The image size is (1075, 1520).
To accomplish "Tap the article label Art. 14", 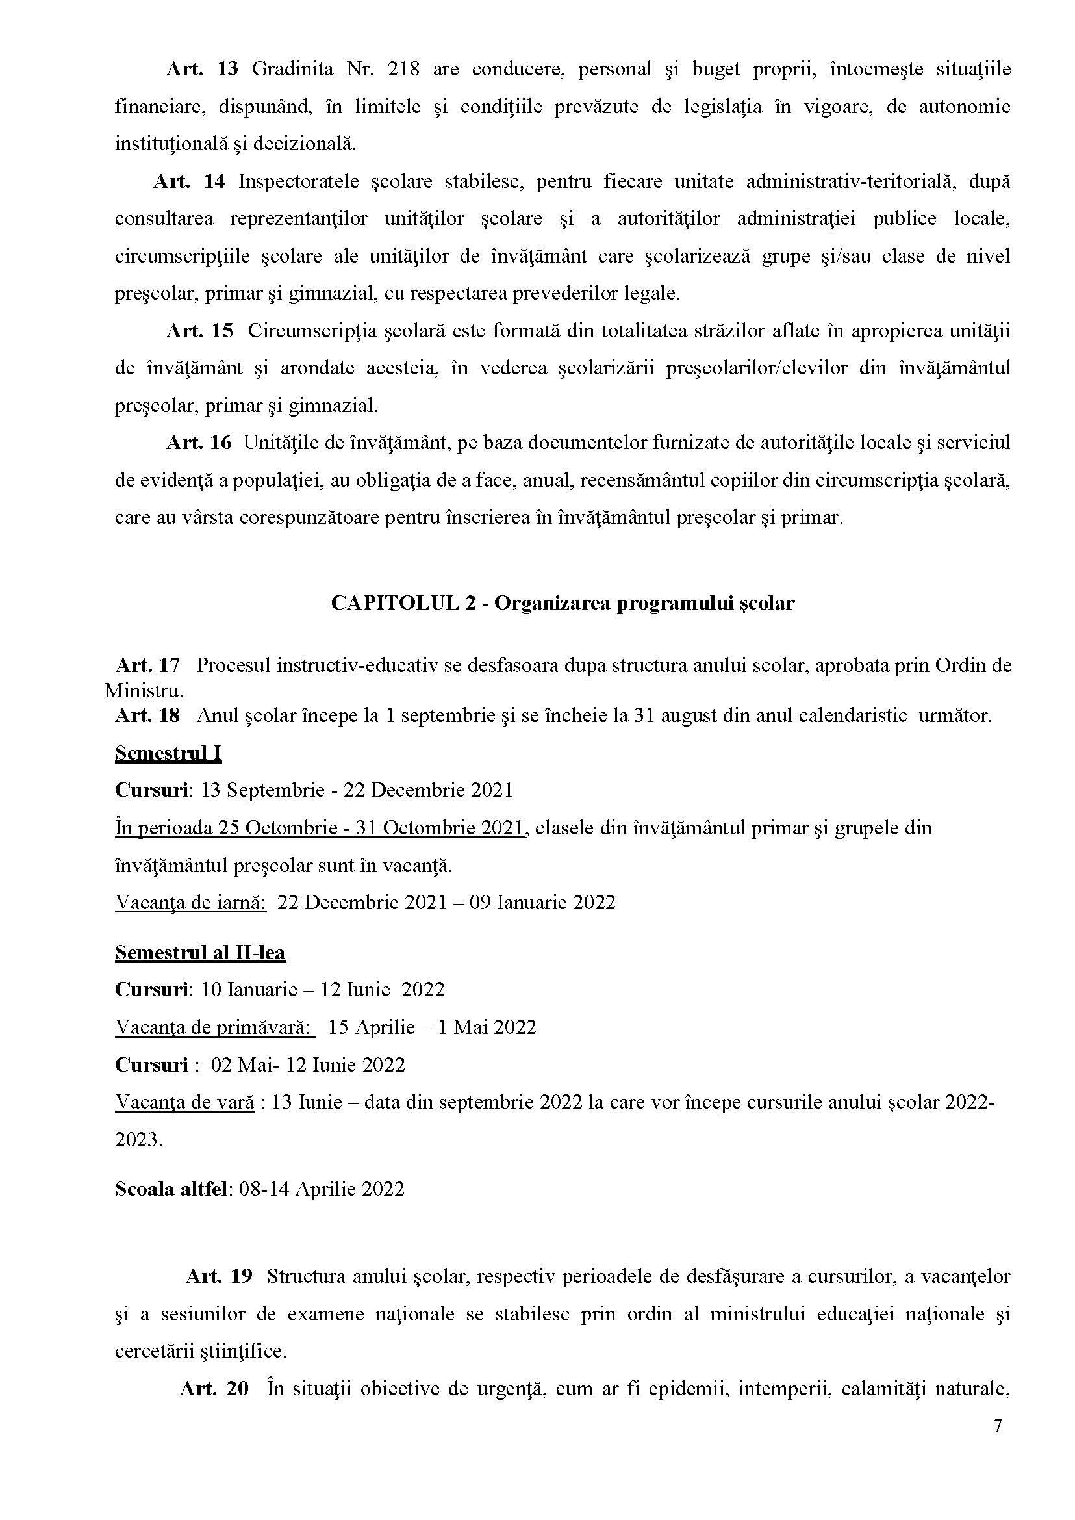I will pyautogui.click(x=189, y=181).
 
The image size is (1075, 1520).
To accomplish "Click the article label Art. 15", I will pyautogui.click(x=199, y=331).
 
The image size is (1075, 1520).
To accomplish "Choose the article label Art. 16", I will pyautogui.click(x=199, y=443).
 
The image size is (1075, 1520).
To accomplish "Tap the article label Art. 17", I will pyautogui.click(x=147, y=665).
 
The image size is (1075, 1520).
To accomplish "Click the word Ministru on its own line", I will pyautogui.click(x=144, y=691).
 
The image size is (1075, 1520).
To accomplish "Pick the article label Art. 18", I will pyautogui.click(x=147, y=715).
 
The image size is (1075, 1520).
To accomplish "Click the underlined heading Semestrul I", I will pyautogui.click(x=168, y=753).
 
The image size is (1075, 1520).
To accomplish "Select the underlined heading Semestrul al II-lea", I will pyautogui.click(x=200, y=953).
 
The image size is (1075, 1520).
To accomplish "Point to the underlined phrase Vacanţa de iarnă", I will pyautogui.click(x=190, y=902).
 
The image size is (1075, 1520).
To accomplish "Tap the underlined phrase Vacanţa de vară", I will pyautogui.click(x=184, y=1102).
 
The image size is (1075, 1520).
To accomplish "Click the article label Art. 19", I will pyautogui.click(x=219, y=1276).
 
